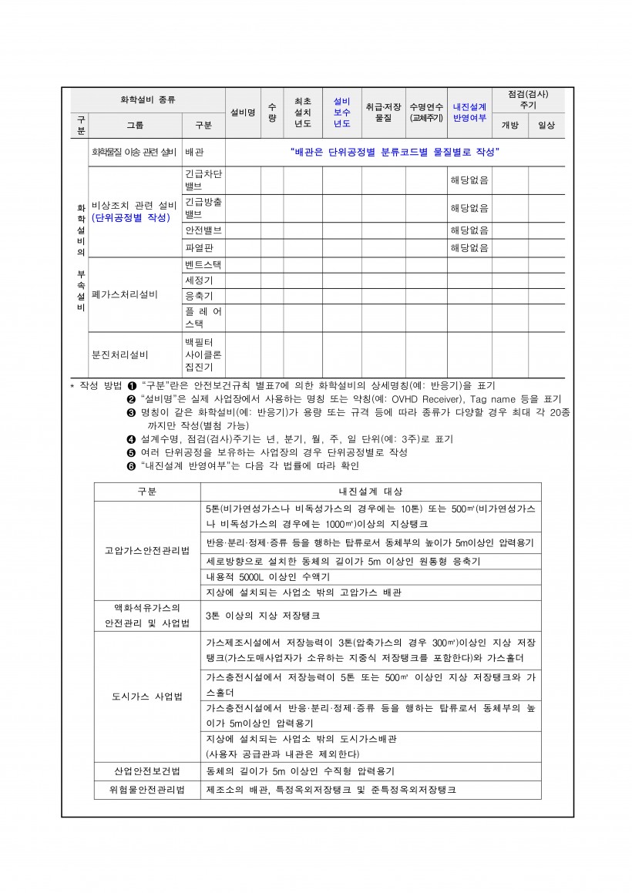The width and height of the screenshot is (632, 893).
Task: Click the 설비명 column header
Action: pos(242,112)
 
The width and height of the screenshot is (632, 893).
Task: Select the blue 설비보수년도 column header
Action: pos(341,112)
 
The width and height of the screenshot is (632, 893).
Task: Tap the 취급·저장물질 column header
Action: pos(383,112)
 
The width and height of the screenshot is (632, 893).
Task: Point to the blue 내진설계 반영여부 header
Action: pos(469,112)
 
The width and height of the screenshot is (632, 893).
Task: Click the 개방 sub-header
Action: pos(509,125)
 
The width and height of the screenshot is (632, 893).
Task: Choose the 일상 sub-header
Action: pos(546,125)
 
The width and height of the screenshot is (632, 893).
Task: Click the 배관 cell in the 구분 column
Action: pos(194,152)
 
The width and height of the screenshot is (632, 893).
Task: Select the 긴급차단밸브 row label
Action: pos(203,180)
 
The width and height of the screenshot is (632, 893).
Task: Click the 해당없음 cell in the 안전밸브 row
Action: pos(469,230)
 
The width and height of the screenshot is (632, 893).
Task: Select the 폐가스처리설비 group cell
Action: pos(124,294)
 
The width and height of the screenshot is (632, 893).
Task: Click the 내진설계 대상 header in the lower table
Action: pos(370,491)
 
